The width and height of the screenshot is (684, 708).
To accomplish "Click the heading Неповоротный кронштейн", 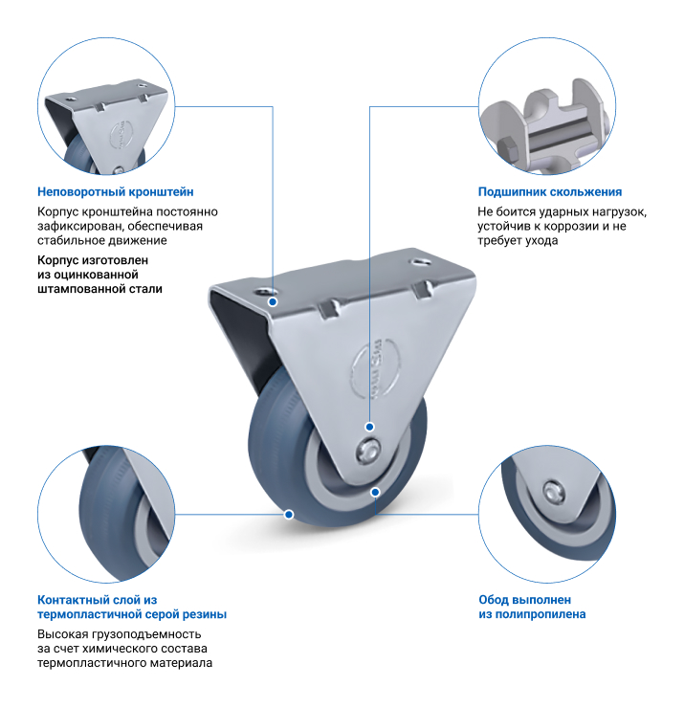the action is (115, 192).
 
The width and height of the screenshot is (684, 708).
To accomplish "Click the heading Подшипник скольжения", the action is (549, 192).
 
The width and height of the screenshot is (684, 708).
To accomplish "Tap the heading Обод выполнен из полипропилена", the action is (532, 607).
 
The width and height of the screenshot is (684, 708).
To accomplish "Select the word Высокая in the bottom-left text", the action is (62, 634).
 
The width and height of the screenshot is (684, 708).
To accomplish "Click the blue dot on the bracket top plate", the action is (273, 301).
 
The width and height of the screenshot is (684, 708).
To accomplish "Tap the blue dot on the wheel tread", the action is (289, 514).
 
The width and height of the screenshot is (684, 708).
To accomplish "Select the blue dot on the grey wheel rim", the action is (375, 492).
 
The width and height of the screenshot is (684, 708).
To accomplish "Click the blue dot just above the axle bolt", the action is (369, 427).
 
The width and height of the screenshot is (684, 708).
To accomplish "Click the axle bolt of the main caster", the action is (367, 452).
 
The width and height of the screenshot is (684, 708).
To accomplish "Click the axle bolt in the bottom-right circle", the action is (552, 492).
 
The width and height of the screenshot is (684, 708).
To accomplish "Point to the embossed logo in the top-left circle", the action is (121, 135).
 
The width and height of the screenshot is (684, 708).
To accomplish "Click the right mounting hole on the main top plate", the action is (420, 262).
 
